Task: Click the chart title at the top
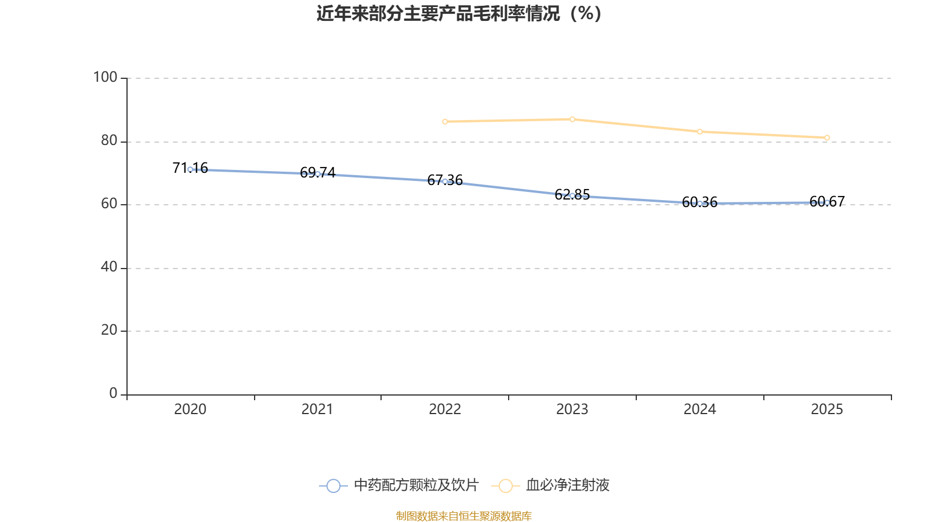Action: click(459, 14)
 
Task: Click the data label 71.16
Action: click(190, 168)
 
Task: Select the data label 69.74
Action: click(317, 172)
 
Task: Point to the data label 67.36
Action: click(445, 180)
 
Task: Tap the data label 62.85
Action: click(572, 194)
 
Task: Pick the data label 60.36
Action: click(699, 202)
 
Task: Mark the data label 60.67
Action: click(827, 201)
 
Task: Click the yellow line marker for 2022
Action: click(445, 122)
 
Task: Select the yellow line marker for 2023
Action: click(572, 119)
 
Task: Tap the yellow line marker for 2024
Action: click(699, 132)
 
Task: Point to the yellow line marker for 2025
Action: click(827, 138)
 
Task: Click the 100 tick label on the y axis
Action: click(105, 78)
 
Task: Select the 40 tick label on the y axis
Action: click(109, 267)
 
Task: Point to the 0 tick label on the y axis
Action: click(113, 393)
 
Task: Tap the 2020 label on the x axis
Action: click(190, 409)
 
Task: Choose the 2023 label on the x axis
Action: click(572, 409)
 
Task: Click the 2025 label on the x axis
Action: click(827, 409)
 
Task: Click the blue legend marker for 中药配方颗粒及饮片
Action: click(333, 485)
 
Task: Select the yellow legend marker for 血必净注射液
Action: click(505, 485)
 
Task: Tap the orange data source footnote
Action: click(463, 516)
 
